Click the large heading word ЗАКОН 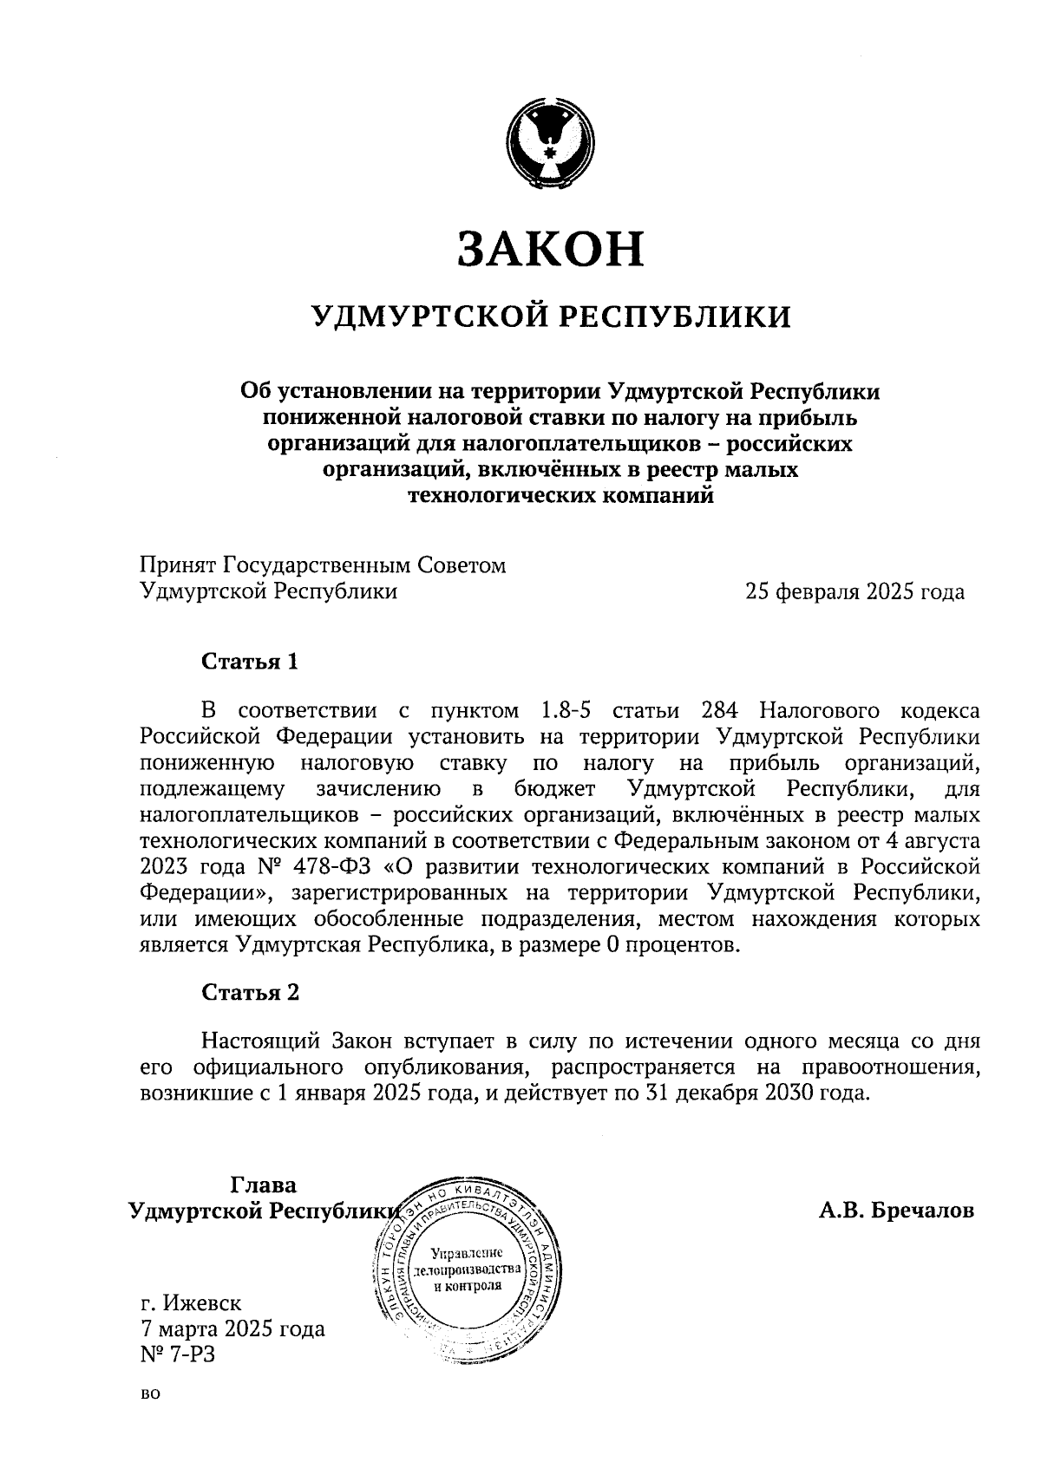tap(551, 248)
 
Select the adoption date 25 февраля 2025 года tap(854, 592)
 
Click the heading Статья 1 tap(250, 662)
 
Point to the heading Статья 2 tap(250, 993)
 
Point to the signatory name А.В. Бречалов tap(896, 1211)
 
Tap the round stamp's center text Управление tap(468, 1253)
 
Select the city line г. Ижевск tap(191, 1302)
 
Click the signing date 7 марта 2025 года tap(232, 1328)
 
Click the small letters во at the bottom tap(150, 1395)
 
